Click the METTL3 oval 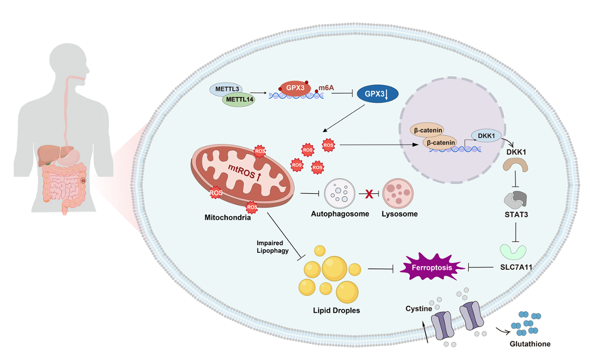coord(227,90)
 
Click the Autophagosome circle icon coord(340,195)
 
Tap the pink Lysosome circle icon coord(398,195)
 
